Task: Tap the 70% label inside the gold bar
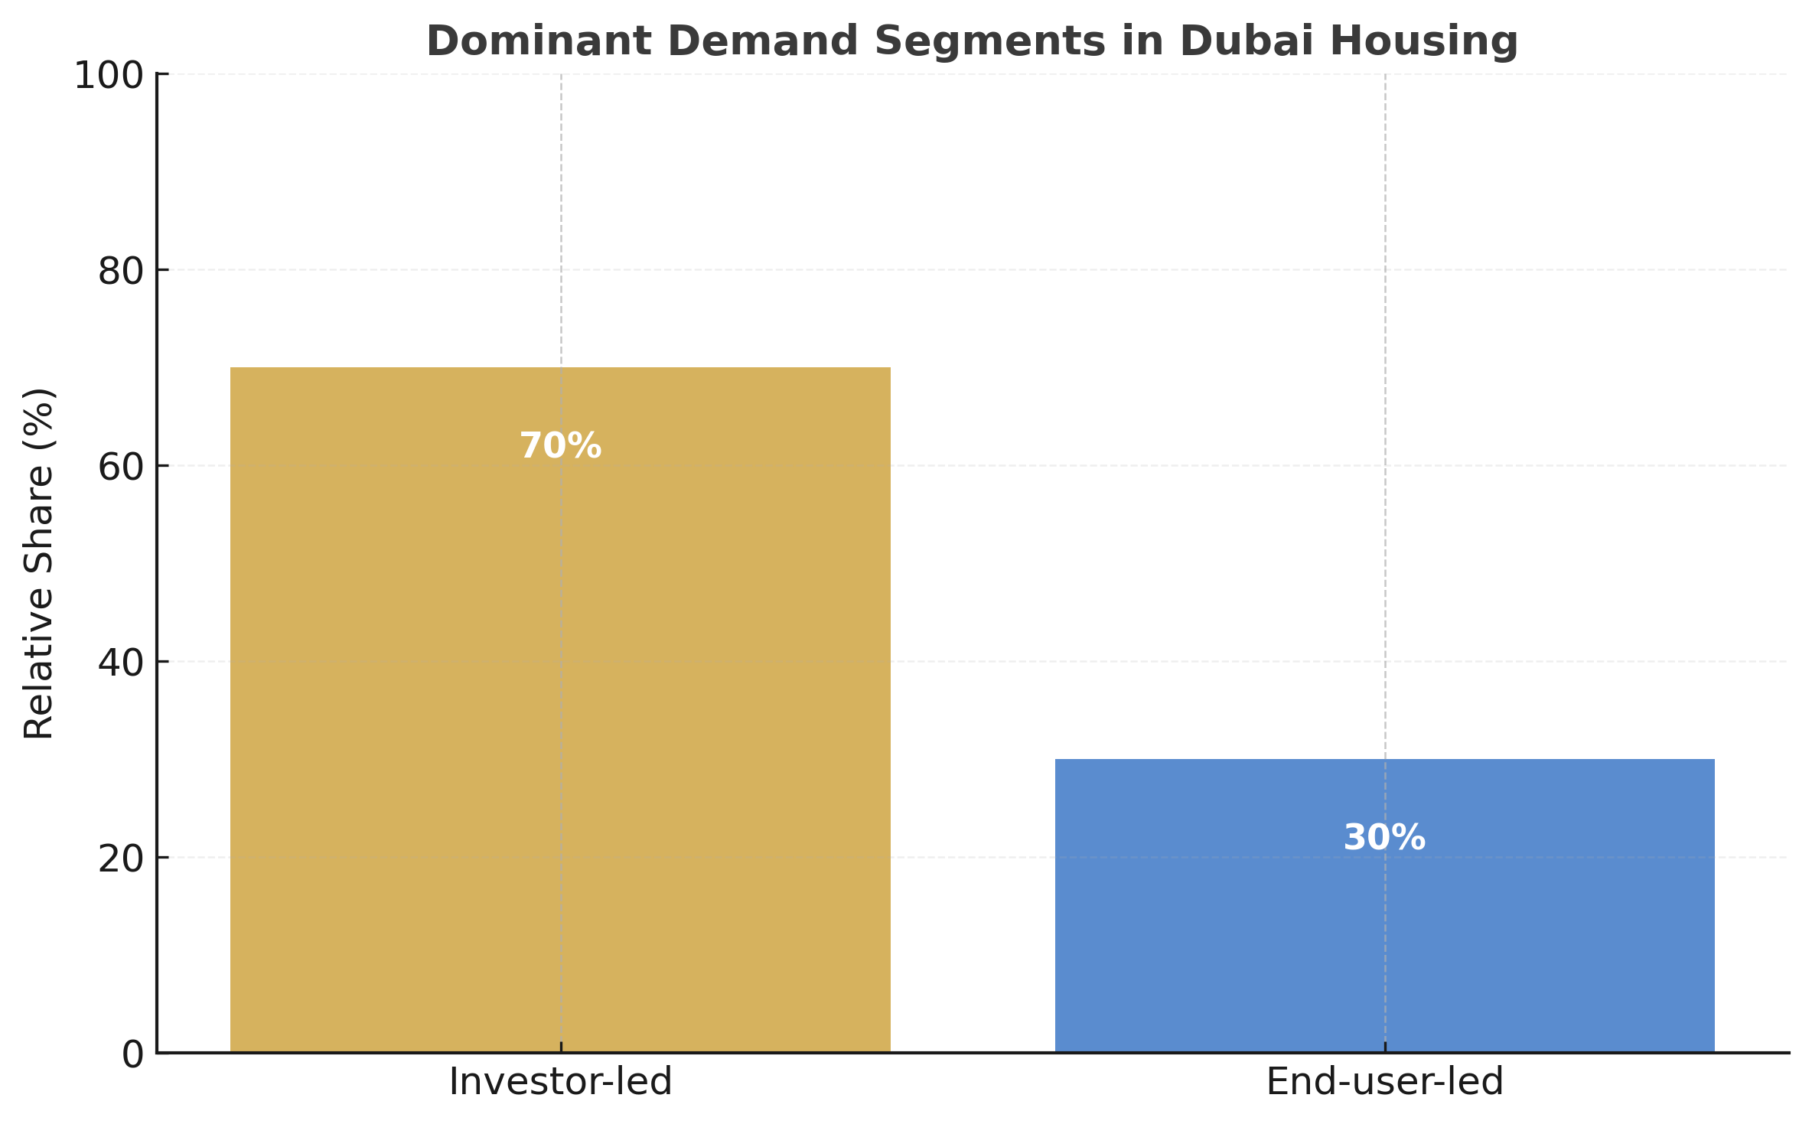coord(560,446)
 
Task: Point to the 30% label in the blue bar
coord(1384,838)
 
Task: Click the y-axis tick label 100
coord(109,76)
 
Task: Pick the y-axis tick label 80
coord(121,272)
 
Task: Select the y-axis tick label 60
coord(121,468)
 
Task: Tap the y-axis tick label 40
coord(121,663)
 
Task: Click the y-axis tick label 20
coord(121,859)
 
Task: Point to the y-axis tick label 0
coord(133,1055)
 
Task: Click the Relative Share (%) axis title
coord(38,564)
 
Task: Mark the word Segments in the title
coord(990,41)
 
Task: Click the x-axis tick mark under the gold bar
coord(561,1047)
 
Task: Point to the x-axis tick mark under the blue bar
coord(1385,1047)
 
